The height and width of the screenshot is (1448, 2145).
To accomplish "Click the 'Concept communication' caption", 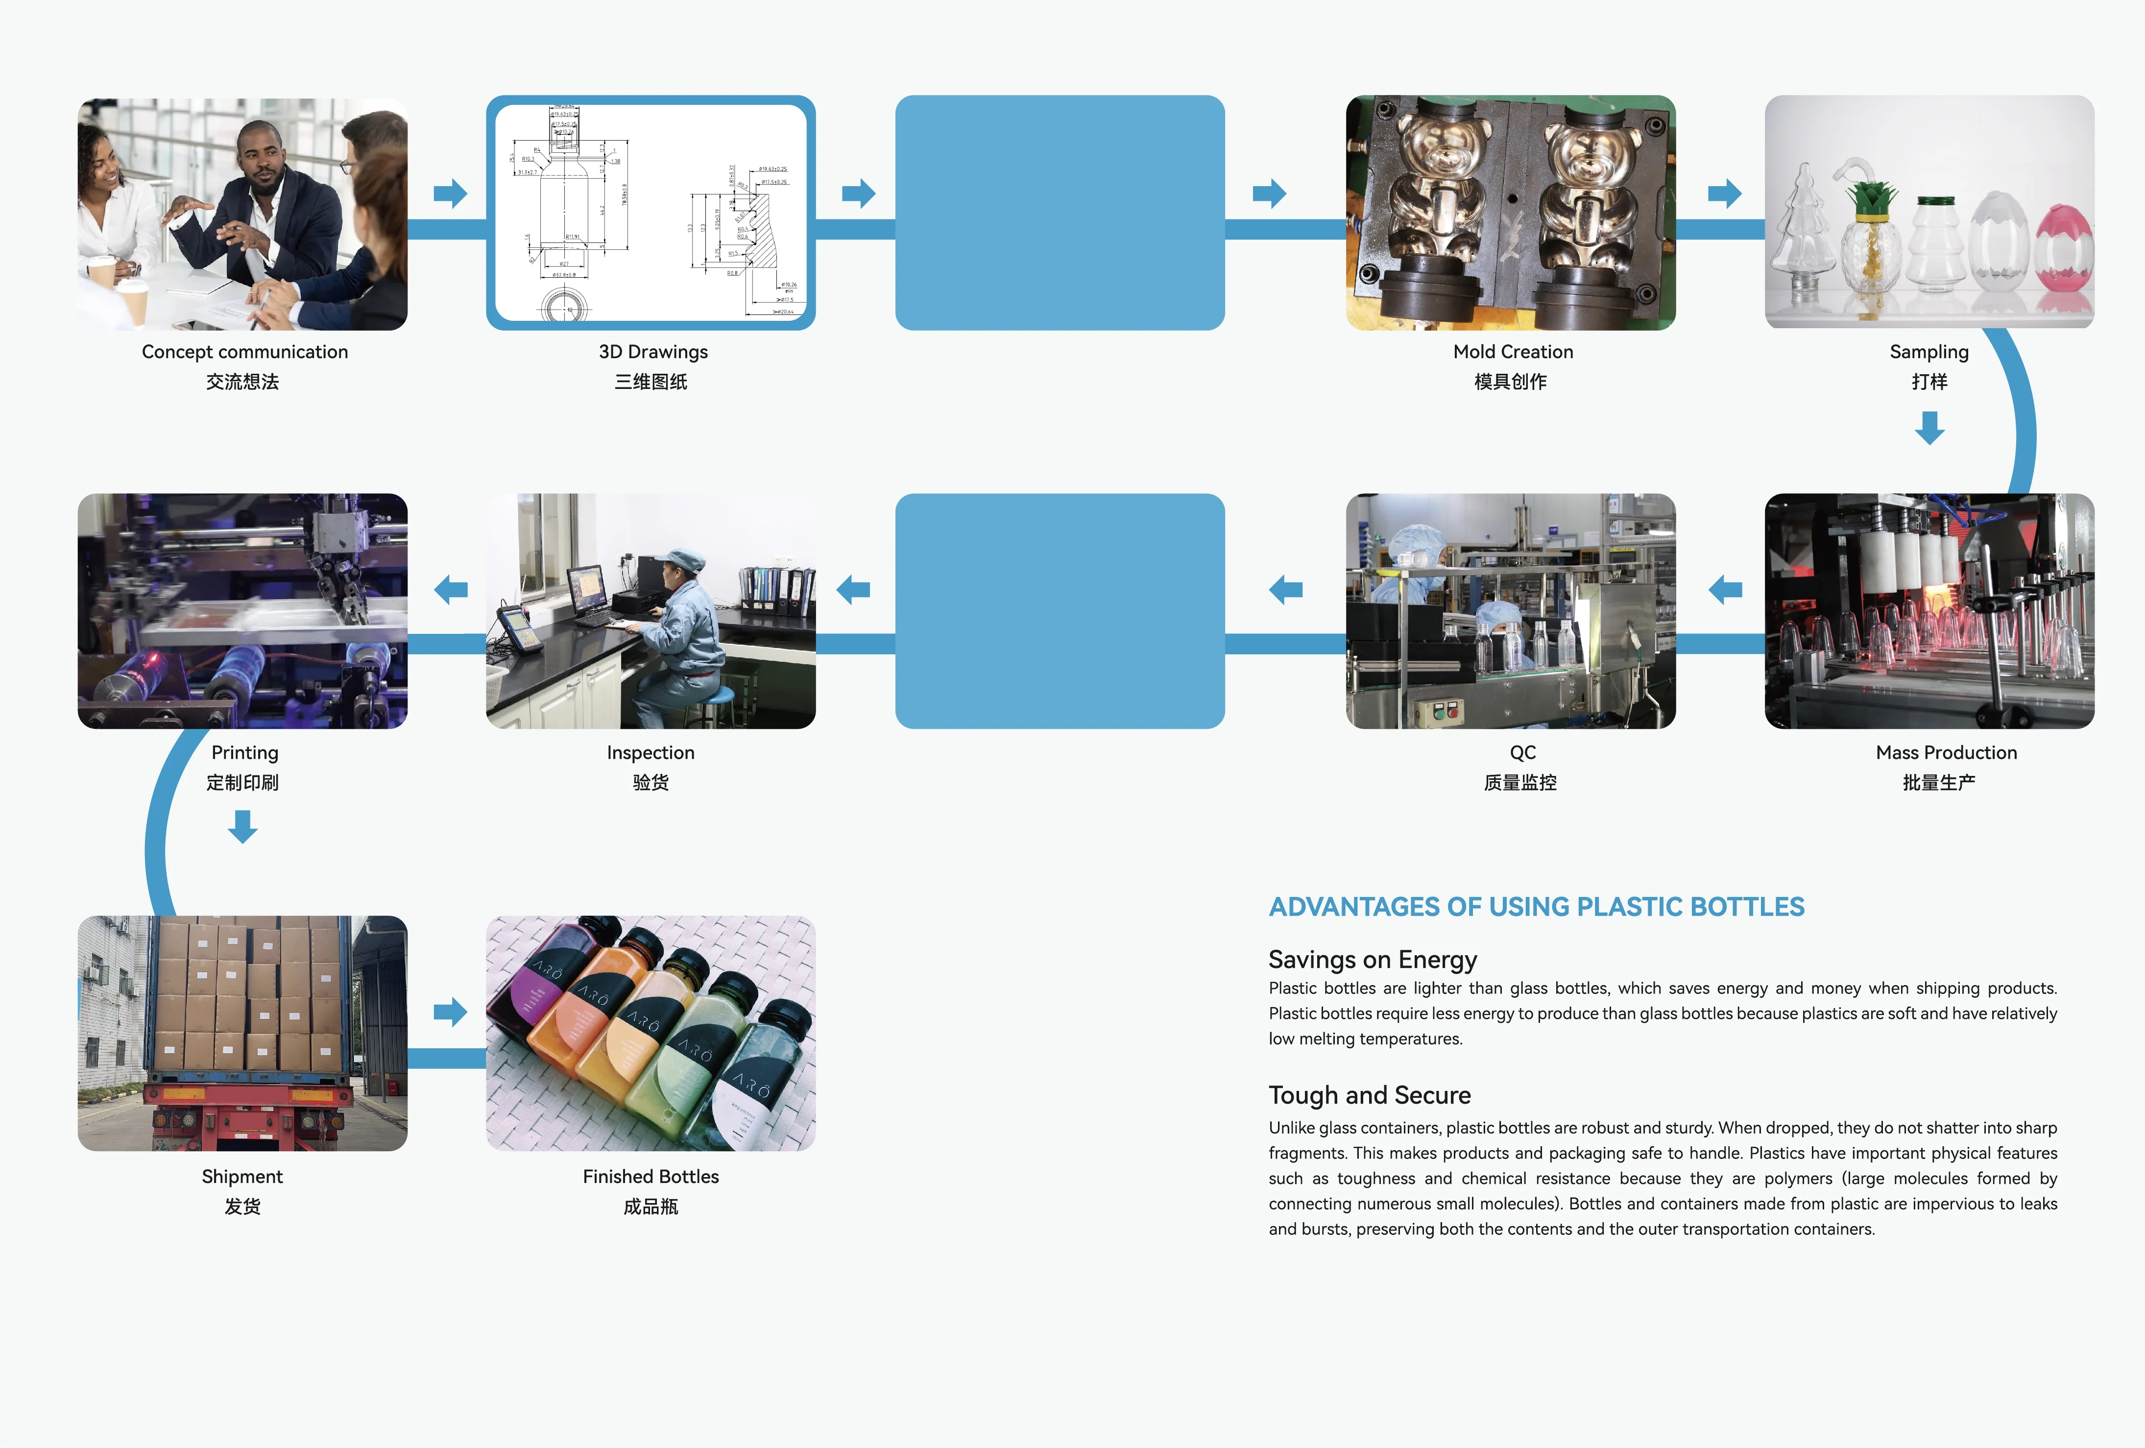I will (244, 352).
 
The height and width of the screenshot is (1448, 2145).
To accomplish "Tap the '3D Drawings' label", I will (652, 352).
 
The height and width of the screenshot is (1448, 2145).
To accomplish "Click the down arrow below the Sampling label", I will (1929, 427).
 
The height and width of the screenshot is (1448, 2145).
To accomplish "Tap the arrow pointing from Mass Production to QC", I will (1725, 589).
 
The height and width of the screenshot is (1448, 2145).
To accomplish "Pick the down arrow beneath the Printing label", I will (243, 826).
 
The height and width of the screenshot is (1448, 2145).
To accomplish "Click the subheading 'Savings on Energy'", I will (1373, 960).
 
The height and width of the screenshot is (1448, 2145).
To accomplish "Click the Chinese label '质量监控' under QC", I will (1519, 783).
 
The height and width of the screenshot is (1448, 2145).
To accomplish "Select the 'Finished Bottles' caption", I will (651, 1177).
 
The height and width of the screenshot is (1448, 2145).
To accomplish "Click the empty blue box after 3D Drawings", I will (1060, 212).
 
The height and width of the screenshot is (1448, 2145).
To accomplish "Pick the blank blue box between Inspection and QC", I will (1060, 611).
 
